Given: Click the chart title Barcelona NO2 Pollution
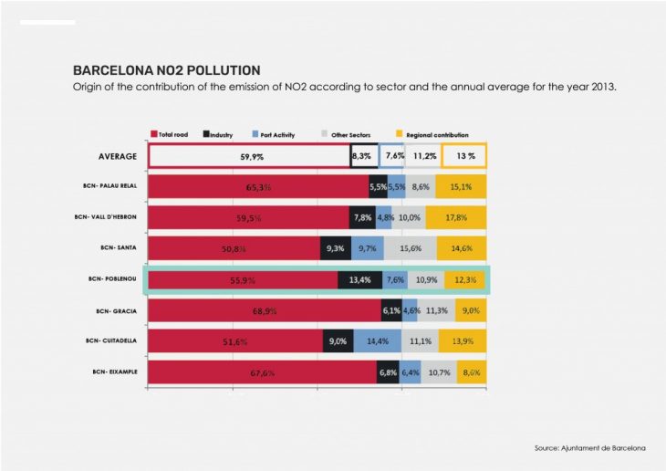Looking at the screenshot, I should click(166, 69).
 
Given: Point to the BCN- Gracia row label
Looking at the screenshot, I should click(116, 310).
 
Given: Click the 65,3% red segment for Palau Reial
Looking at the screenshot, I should click(258, 186).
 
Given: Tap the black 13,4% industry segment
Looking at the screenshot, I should click(359, 279).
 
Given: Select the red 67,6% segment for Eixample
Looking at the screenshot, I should click(262, 372).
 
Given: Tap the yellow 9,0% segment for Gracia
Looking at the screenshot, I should click(469, 310).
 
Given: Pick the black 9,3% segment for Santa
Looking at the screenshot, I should click(334, 248).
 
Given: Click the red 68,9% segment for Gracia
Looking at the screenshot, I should click(265, 310).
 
